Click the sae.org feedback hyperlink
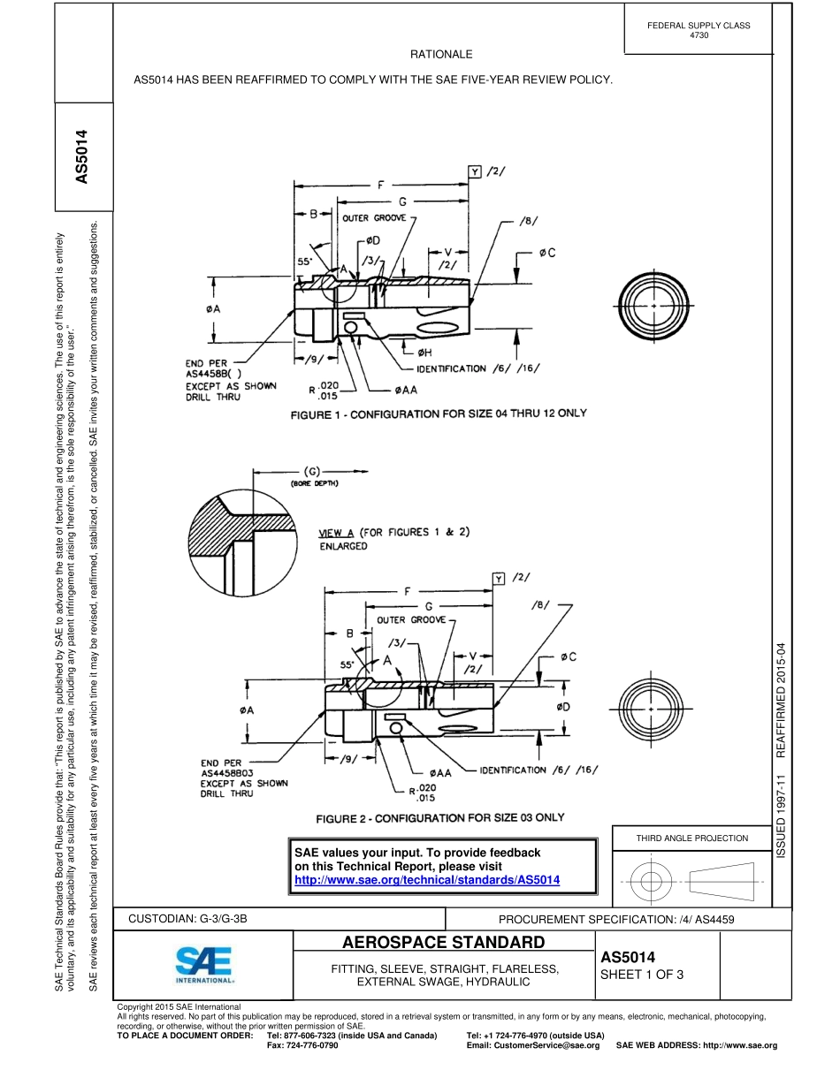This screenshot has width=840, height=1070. (426, 880)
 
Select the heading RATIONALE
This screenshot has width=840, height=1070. (441, 55)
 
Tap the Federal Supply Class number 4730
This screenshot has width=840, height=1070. (699, 35)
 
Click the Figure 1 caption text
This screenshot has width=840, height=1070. (439, 414)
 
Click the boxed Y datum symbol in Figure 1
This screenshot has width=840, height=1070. (476, 171)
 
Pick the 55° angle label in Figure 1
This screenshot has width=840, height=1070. (303, 262)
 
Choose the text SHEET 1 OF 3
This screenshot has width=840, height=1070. (642, 975)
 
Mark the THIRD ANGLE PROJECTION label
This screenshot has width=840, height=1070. (692, 838)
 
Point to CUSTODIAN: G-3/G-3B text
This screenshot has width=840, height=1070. (187, 919)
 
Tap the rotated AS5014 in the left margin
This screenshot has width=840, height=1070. (82, 157)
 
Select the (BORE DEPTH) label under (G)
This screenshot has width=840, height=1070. (315, 483)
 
